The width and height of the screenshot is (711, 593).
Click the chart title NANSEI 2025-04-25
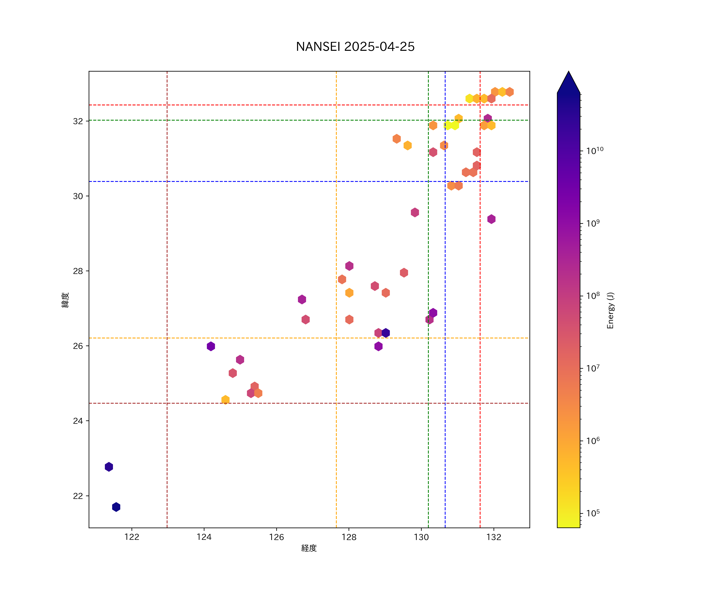pyautogui.click(x=355, y=47)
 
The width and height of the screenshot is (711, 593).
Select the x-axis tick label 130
pyautogui.click(x=421, y=537)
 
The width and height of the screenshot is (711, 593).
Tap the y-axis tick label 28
pyautogui.click(x=78, y=271)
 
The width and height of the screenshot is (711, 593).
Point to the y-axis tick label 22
pyautogui.click(x=78, y=496)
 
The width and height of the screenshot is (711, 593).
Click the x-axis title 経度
pyautogui.click(x=309, y=548)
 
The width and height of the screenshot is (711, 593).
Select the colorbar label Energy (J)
pyautogui.click(x=610, y=310)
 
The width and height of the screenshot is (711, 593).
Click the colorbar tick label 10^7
pyautogui.click(x=593, y=368)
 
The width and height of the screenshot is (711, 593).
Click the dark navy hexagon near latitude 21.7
pyautogui.click(x=116, y=507)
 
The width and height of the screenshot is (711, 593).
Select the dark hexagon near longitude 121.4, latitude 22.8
pyautogui.click(x=109, y=467)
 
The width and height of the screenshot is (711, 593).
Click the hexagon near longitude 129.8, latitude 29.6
pyautogui.click(x=415, y=212)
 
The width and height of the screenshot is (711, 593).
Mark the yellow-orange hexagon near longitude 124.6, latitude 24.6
pyautogui.click(x=225, y=400)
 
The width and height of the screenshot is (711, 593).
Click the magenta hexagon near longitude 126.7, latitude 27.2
pyautogui.click(x=302, y=299)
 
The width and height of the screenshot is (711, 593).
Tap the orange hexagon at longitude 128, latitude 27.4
pyautogui.click(x=349, y=293)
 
